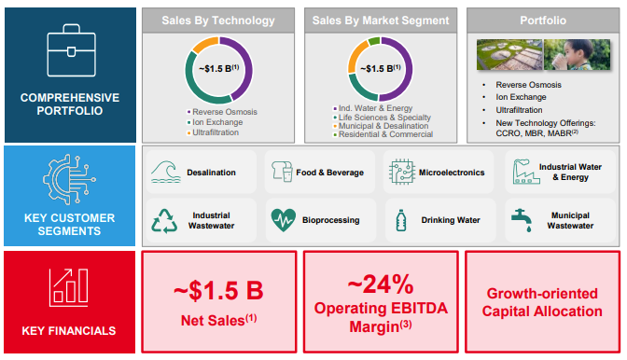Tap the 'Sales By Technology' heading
(217, 20)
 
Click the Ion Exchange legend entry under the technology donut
(217, 122)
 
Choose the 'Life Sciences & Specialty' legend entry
(383, 118)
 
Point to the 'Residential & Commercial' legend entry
(384, 134)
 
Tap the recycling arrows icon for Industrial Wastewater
(165, 220)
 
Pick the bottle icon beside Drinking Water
(402, 220)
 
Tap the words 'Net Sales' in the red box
(210, 321)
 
